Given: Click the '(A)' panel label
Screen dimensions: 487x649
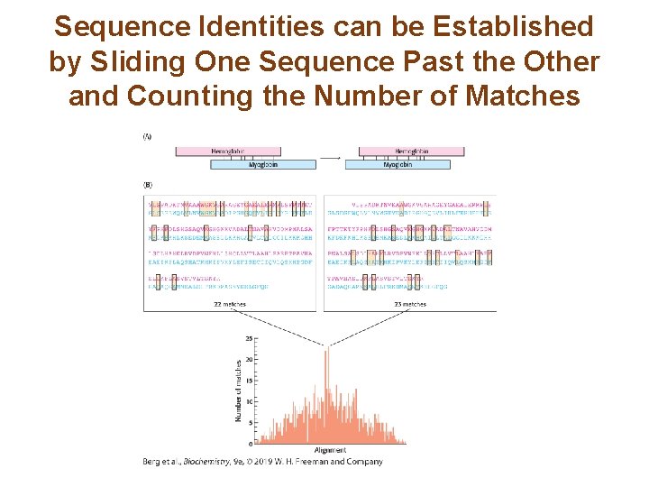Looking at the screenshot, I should click(148, 137).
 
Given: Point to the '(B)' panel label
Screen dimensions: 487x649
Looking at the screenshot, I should click(148, 184).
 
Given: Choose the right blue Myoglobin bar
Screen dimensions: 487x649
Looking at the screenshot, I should click(398, 165).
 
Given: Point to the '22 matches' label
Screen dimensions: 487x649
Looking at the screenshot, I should click(230, 305).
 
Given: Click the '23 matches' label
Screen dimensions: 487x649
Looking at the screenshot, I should click(409, 305).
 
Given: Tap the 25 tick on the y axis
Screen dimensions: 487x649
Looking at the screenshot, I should click(249, 339).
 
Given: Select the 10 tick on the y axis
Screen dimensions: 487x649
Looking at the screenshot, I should click(249, 401).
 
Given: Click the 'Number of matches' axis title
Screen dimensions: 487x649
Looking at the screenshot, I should click(239, 391).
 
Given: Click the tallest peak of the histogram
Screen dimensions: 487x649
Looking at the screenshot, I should click(325, 346).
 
